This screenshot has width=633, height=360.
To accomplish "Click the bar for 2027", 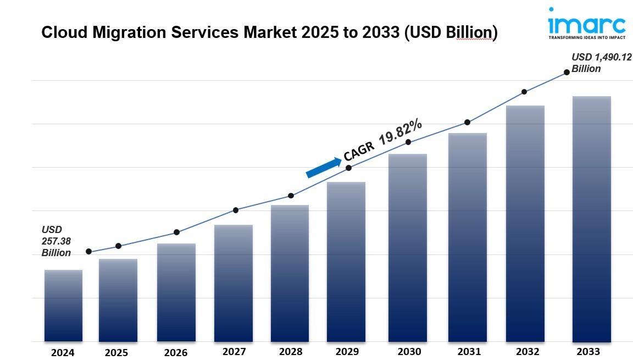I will point(234,283).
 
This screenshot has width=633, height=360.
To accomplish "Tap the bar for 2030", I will point(408,247).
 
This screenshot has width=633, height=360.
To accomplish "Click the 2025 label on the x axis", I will point(116,352).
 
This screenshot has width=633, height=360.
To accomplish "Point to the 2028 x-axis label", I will point(290,351).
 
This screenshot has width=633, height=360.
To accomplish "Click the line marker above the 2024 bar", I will point(88,252).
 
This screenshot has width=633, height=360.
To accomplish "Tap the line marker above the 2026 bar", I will point(176,232).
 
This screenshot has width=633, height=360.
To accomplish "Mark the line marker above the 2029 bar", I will point(348,168).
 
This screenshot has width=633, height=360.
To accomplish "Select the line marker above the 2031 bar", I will point(467,122).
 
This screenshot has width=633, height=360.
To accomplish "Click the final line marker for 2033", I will point(567,73).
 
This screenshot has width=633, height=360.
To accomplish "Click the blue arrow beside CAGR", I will point(324,168).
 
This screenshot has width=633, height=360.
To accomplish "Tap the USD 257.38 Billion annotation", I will point(56,241).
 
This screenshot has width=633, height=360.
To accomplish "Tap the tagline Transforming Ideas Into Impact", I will point(587,38).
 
